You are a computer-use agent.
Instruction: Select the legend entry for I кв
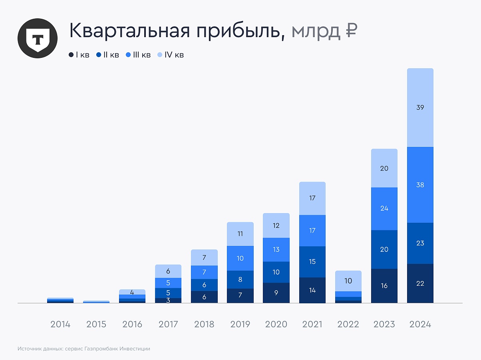79,55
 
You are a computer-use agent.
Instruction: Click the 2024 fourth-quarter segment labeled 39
420,107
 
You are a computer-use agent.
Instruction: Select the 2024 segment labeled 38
420,185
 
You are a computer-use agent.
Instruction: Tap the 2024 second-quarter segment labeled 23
420,243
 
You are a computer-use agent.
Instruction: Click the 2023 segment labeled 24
384,208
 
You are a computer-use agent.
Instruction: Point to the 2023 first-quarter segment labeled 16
384,286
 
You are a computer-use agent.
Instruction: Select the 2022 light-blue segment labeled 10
348,281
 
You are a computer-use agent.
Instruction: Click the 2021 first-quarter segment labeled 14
312,290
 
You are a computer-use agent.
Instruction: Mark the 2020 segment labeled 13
276,249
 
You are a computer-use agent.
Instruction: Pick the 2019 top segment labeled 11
240,234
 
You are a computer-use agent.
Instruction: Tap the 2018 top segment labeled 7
204,257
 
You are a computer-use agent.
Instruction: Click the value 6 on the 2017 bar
168,271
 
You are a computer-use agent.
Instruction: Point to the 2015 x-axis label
96,324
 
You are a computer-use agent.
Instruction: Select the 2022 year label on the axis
348,324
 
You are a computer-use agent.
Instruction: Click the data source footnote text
84,348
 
